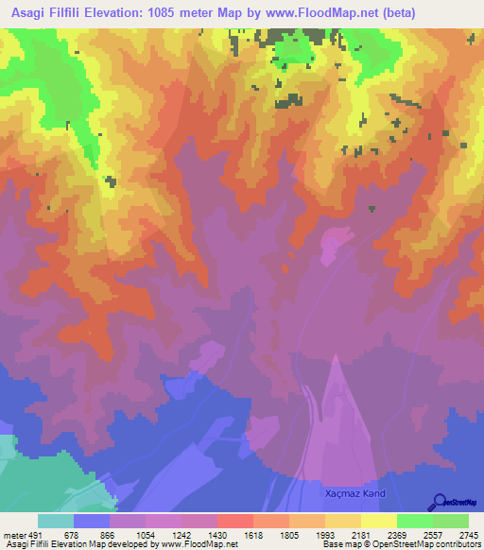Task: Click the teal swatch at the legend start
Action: (x=56, y=521)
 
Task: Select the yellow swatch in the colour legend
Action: (x=377, y=521)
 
